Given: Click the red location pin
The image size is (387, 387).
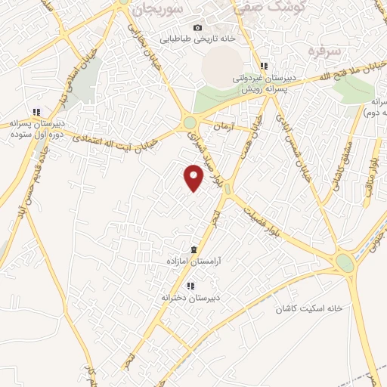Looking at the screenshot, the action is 194,178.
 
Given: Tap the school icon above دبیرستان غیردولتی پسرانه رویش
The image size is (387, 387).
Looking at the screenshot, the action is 264,66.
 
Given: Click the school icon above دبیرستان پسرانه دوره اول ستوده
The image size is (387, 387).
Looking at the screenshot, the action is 36,112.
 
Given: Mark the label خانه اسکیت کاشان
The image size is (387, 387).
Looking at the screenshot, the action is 309,308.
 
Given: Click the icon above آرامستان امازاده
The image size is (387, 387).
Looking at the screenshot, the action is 194,249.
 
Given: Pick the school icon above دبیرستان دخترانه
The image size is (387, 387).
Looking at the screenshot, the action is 190,286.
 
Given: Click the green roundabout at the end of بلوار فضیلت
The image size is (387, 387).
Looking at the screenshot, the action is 345,263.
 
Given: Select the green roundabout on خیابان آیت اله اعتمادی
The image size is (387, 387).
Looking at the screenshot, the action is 189,122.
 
